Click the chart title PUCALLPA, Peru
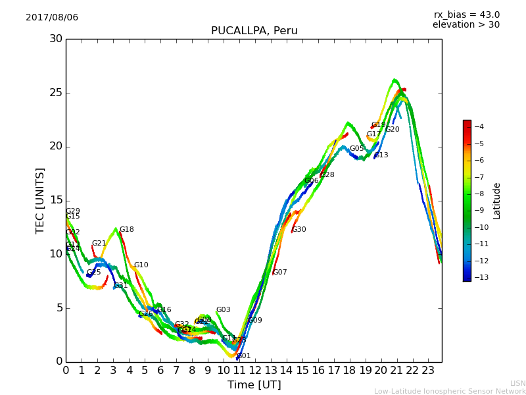pos(254,31)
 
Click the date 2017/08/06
pos(52,18)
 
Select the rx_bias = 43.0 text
pos(466,15)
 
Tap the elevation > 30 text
pos(466,25)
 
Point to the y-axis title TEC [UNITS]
pos(40,200)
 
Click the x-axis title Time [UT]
pos(254,385)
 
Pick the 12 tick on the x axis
pos(254,371)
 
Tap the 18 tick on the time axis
pos(349,371)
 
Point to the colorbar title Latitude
pos(497,201)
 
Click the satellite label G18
pos(126,230)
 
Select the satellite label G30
pos(299,230)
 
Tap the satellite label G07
pos(280,273)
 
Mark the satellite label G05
pos(356,149)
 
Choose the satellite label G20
pos(393,130)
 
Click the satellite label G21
pos(99,244)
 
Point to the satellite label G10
pos(141,265)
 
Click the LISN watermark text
pos(518,383)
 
